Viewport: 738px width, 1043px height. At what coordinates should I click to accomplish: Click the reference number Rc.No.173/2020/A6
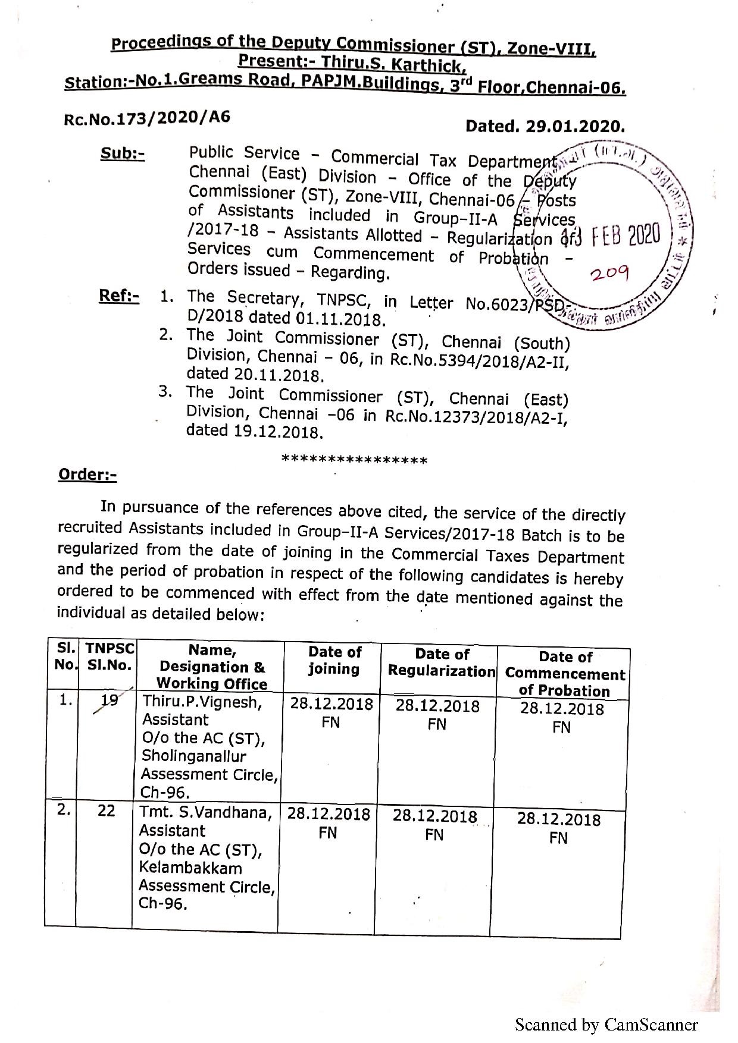[x=146, y=118]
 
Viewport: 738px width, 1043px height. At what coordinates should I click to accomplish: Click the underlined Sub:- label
[x=122, y=153]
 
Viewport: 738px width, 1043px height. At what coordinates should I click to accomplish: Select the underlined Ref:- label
[x=119, y=296]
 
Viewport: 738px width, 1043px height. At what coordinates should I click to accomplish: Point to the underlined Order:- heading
[x=87, y=475]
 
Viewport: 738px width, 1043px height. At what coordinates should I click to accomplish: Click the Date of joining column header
[x=334, y=661]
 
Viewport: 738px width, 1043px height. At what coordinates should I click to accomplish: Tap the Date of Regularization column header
[x=441, y=662]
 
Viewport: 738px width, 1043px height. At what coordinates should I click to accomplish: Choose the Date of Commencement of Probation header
[x=565, y=674]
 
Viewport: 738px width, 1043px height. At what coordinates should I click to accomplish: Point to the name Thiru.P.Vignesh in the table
[x=202, y=702]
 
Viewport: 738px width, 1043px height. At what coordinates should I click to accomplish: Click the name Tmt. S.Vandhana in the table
[x=205, y=812]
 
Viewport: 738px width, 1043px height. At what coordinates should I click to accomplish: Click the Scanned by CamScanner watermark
[x=606, y=1025]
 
